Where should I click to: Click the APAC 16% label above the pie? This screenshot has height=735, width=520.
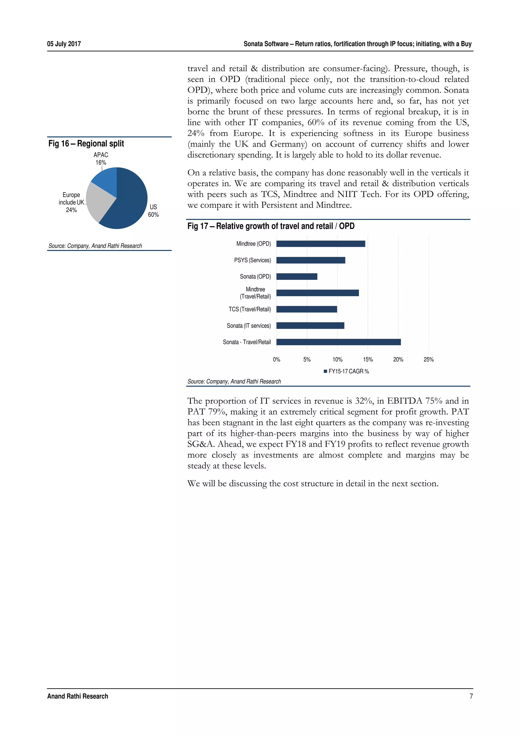click(x=101, y=159)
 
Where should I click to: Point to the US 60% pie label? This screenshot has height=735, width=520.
click(x=153, y=211)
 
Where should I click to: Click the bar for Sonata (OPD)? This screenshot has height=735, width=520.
click(x=297, y=276)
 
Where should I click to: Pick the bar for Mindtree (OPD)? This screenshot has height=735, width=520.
click(x=320, y=244)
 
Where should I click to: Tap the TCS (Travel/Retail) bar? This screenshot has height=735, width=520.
click(x=307, y=309)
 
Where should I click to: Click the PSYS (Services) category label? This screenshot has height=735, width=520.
click(x=252, y=260)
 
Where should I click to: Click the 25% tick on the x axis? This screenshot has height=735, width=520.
click(x=428, y=360)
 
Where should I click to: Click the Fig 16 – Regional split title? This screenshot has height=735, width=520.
click(x=86, y=143)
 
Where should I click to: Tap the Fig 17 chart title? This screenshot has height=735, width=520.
click(x=271, y=226)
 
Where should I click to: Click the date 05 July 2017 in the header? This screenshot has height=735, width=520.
click(x=64, y=44)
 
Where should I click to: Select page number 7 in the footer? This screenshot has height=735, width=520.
click(x=471, y=696)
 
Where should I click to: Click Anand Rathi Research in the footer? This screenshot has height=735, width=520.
click(x=77, y=696)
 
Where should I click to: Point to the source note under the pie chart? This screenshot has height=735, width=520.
click(x=95, y=246)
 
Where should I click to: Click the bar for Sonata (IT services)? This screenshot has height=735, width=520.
click(x=310, y=326)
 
